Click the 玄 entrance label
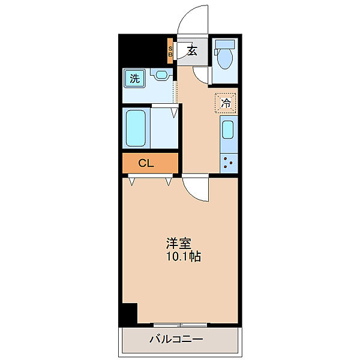click(x=192, y=50)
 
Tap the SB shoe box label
click(x=170, y=52)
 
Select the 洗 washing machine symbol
click(x=135, y=78)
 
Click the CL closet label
click(x=146, y=163)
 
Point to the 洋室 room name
click(x=179, y=244)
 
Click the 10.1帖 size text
click(x=184, y=257)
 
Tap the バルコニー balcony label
click(x=176, y=340)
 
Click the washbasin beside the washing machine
click(x=160, y=76)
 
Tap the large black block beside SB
click(x=142, y=50)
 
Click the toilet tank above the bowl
click(x=226, y=45)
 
